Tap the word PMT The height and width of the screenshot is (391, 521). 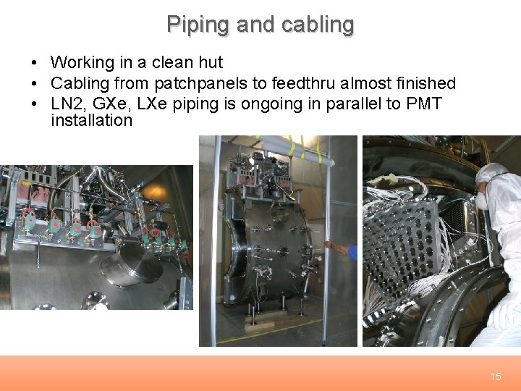click(425, 103)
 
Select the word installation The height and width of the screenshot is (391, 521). click(91, 120)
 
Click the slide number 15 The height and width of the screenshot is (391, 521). click(495, 377)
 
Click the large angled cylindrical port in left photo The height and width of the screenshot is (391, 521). click(131, 265)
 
